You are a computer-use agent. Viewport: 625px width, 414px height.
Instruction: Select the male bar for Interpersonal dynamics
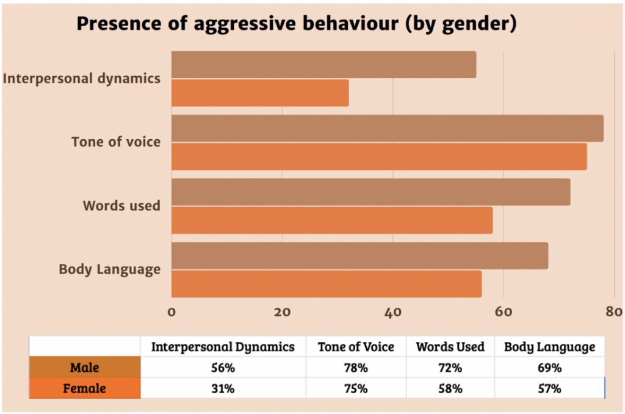pos(323,65)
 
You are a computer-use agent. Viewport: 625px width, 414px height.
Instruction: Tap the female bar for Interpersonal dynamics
pos(260,93)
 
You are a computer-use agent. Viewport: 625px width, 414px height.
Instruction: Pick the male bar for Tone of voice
pos(387,128)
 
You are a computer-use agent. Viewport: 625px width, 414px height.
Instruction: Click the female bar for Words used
pos(332,220)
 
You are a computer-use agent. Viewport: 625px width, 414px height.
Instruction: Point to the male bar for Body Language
pos(359,255)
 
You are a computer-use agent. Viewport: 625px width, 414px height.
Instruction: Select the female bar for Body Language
pos(327,284)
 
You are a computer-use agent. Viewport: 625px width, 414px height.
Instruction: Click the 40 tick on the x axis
pos(392,311)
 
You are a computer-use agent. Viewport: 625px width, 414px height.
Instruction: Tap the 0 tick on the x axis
pos(172,311)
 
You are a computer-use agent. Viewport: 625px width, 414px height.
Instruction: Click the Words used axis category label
pos(121,206)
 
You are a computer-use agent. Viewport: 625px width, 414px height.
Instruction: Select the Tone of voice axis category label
pos(116,142)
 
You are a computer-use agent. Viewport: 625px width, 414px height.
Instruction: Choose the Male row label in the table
pos(85,368)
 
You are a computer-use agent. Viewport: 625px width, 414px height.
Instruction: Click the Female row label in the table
pos(85,388)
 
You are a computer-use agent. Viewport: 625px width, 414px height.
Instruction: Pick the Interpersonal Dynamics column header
pos(223,347)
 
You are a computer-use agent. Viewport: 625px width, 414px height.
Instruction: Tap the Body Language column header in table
pos(549,347)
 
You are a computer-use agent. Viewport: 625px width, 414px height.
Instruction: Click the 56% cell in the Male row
pos(223,368)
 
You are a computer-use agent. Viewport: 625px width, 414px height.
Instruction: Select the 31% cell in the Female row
pos(223,388)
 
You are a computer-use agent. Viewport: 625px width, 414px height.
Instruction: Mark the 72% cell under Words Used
pos(450,368)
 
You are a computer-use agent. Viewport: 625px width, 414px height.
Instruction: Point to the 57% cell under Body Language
pos(549,388)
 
